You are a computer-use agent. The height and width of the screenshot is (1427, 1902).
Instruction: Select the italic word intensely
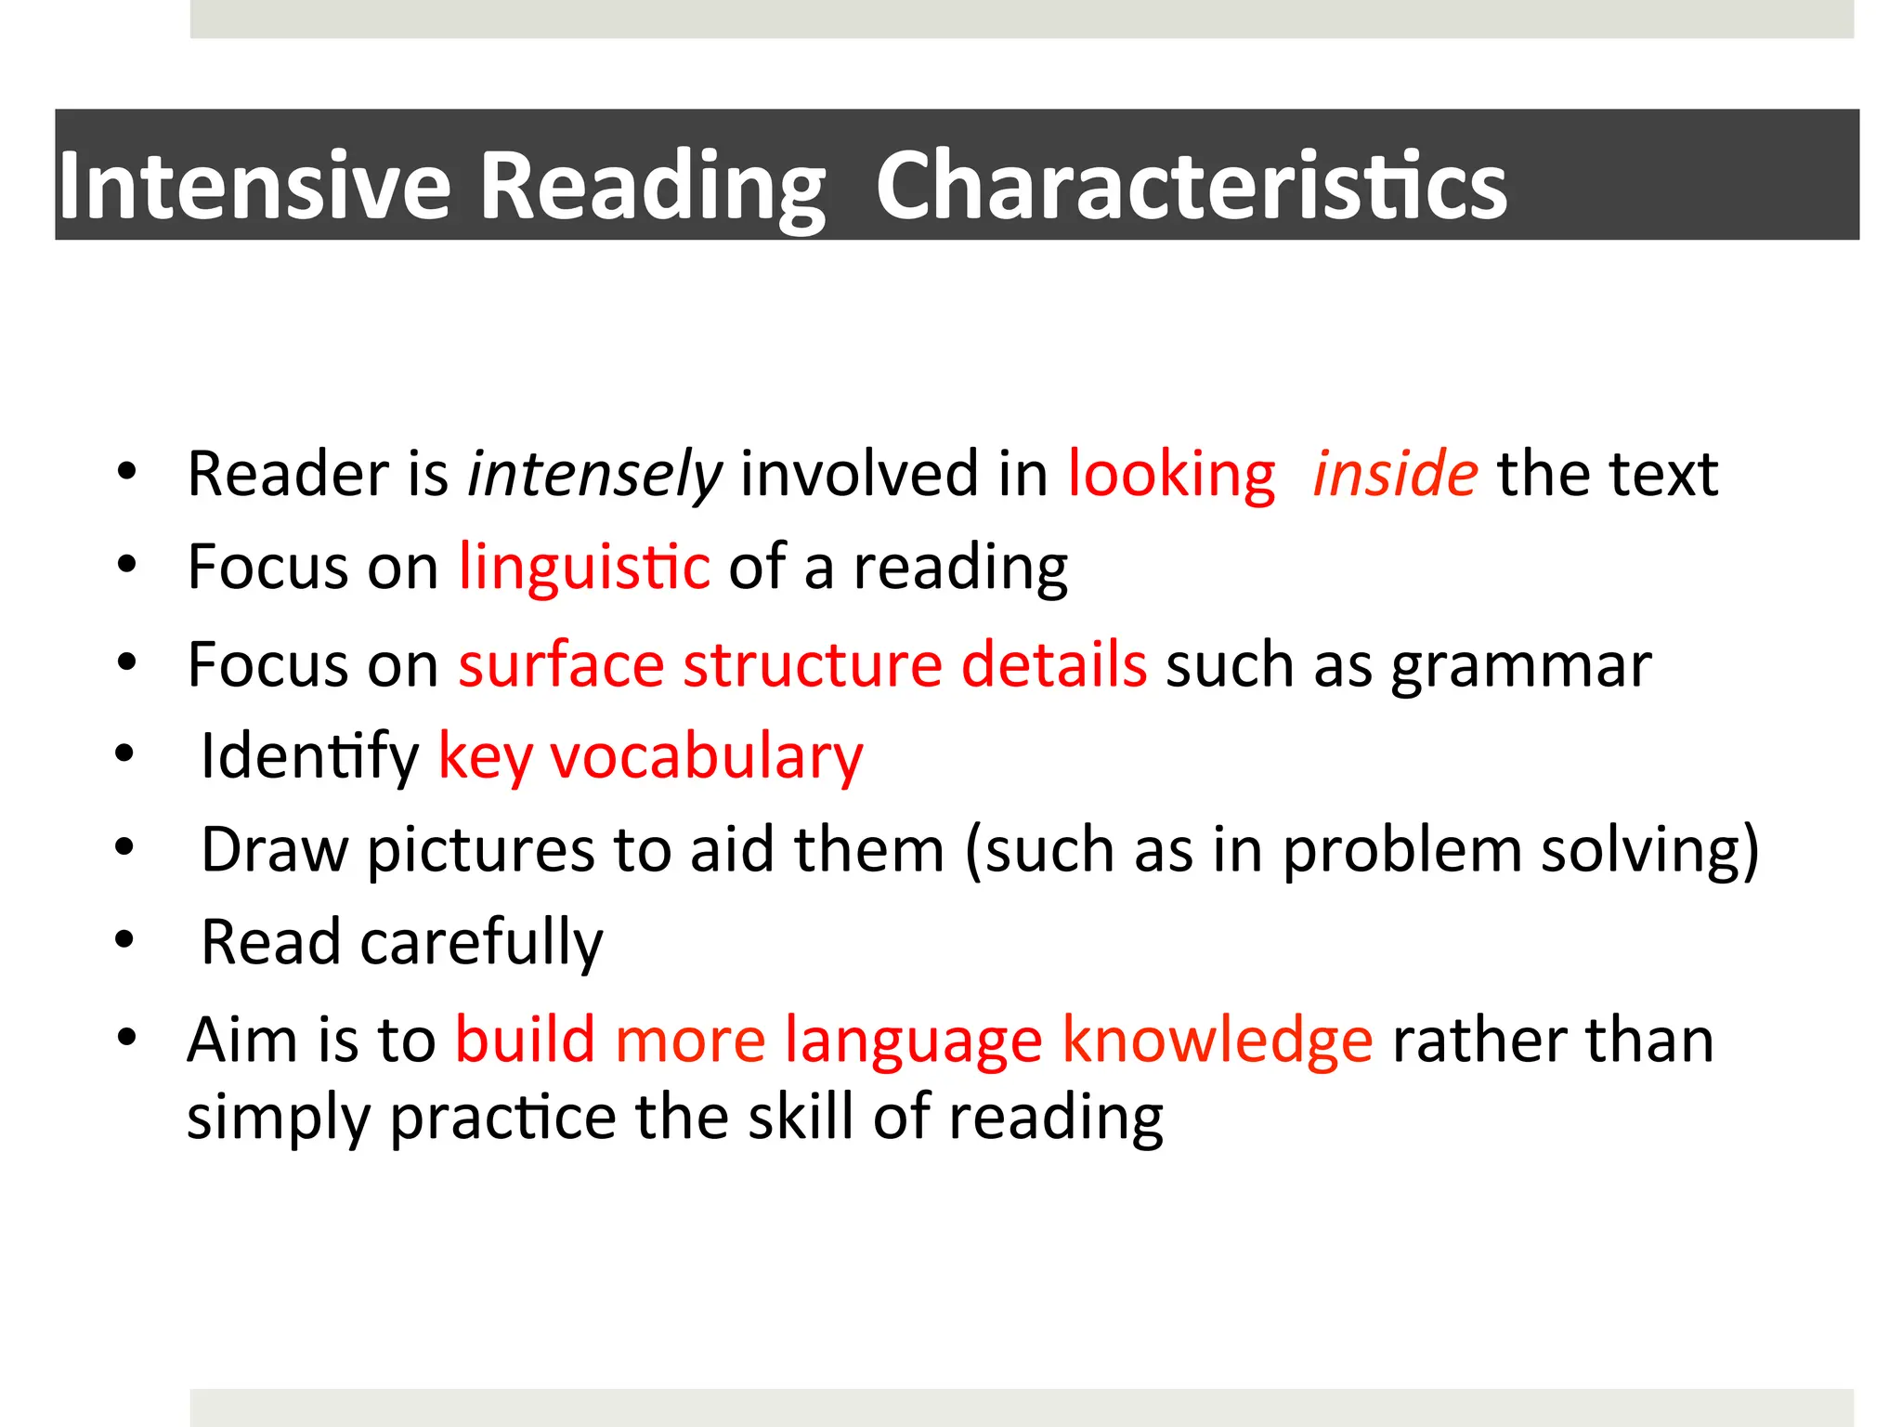coord(594,475)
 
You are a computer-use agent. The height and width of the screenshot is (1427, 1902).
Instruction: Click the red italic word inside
coord(1394,475)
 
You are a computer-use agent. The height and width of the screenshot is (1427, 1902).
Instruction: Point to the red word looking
coord(1171,475)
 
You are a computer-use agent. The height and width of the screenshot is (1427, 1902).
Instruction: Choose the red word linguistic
coord(584,568)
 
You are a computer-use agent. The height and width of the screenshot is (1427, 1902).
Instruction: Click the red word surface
coord(561,665)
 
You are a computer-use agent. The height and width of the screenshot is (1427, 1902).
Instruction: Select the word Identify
coord(310,757)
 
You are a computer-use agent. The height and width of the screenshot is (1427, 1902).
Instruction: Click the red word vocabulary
coord(707,757)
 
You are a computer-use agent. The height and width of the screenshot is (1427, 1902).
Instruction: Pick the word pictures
coord(480,850)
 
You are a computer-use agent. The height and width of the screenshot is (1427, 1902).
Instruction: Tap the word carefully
coord(481,943)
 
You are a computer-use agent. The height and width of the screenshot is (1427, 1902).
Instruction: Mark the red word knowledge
coord(1217,1040)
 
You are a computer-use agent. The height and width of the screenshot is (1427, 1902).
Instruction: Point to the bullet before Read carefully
coord(125,940)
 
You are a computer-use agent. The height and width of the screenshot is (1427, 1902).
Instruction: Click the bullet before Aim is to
coord(127,1036)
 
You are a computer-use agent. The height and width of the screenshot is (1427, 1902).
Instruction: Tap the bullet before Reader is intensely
coord(127,471)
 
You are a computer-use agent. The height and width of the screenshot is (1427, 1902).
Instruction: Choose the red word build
coord(525,1040)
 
